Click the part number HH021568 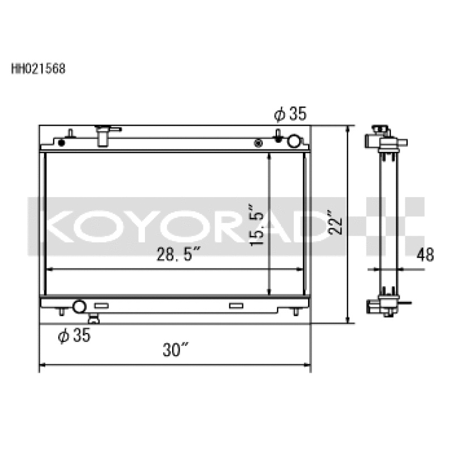(38, 70)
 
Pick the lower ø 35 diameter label (74, 336)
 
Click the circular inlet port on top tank (294, 141)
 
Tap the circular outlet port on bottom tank (79, 307)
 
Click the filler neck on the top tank (103, 135)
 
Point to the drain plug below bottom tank (93, 320)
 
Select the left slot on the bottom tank (101, 306)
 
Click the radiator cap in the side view (381, 131)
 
